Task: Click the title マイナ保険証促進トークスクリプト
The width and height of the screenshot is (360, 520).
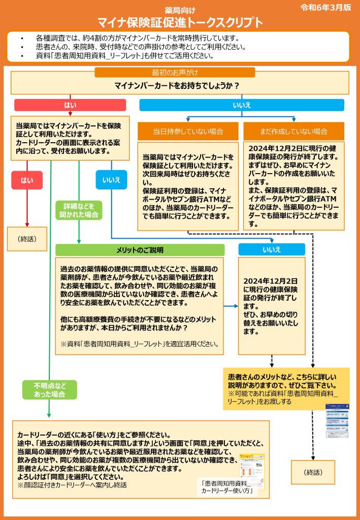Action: click(180, 22)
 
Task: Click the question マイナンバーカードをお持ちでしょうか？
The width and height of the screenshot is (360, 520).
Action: click(180, 85)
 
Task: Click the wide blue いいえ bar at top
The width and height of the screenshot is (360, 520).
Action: click(242, 105)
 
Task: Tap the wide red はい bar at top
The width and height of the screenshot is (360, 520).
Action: click(70, 105)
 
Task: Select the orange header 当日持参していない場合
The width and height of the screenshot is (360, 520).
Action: click(188, 132)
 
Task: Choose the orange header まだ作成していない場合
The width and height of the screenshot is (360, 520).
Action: click(293, 132)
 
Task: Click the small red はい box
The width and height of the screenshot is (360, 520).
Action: click(27, 180)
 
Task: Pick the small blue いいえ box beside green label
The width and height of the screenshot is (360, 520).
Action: click(111, 180)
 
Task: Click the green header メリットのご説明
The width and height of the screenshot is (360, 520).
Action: click(140, 250)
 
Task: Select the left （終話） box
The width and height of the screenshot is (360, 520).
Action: click(27, 239)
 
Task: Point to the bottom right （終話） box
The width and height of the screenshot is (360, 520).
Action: click(313, 472)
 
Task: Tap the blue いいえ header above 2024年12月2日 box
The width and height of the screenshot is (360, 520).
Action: click(272, 249)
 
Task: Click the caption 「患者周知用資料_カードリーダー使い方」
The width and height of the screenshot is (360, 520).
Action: click(227, 488)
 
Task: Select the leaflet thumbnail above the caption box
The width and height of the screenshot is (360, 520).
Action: click(252, 464)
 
